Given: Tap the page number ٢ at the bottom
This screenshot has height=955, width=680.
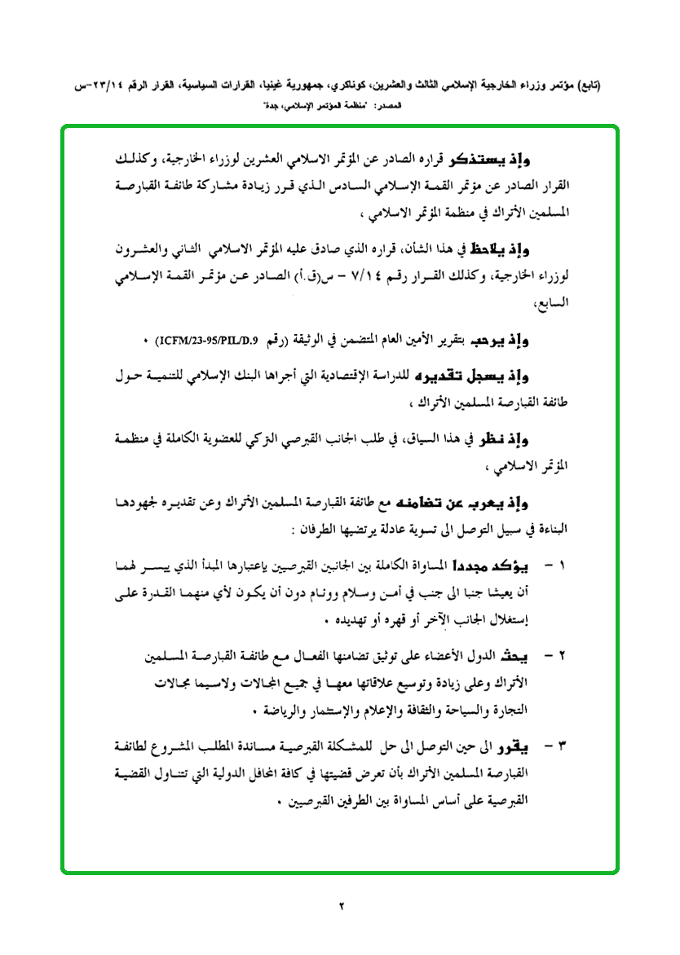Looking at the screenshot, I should coord(342,905).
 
